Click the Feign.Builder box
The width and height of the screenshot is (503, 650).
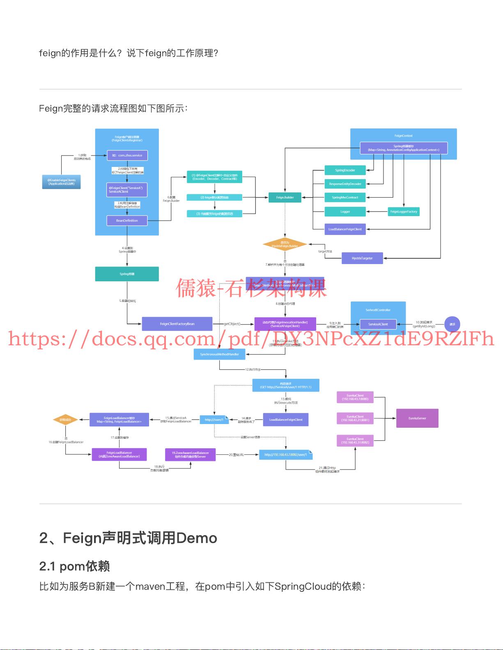coord(285,197)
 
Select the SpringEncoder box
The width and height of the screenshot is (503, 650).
coord(345,170)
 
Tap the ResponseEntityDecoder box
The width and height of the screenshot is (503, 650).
coord(345,184)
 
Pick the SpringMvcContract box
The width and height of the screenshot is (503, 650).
coord(345,197)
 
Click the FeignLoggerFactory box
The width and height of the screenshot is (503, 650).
coord(404,212)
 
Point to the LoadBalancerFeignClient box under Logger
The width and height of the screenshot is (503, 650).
coord(345,229)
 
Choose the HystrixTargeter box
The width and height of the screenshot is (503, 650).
coord(362,258)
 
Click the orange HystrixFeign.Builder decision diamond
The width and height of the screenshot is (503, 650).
coord(285,244)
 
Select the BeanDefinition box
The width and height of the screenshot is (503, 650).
coord(127,221)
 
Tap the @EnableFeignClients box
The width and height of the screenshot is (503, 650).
coord(61,182)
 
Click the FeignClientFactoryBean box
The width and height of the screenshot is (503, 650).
coord(177,324)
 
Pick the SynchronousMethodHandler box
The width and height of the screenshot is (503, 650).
coord(219,354)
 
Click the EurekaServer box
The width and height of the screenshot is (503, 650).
coord(417,418)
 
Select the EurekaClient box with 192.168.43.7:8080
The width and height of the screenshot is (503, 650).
coord(355,397)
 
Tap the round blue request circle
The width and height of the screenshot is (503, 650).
coord(452,324)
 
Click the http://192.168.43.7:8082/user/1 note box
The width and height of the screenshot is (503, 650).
coord(286,454)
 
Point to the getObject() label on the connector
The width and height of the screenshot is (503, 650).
coord(232,324)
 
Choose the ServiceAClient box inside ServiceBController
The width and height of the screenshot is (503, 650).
coord(378,324)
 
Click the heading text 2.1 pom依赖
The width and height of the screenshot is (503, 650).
coord(74,566)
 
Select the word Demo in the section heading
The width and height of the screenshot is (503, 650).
coord(196,538)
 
